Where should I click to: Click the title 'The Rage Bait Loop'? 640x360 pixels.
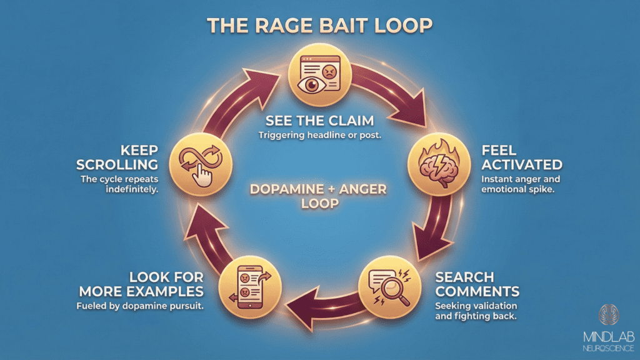pyautogui.click(x=319, y=26)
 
